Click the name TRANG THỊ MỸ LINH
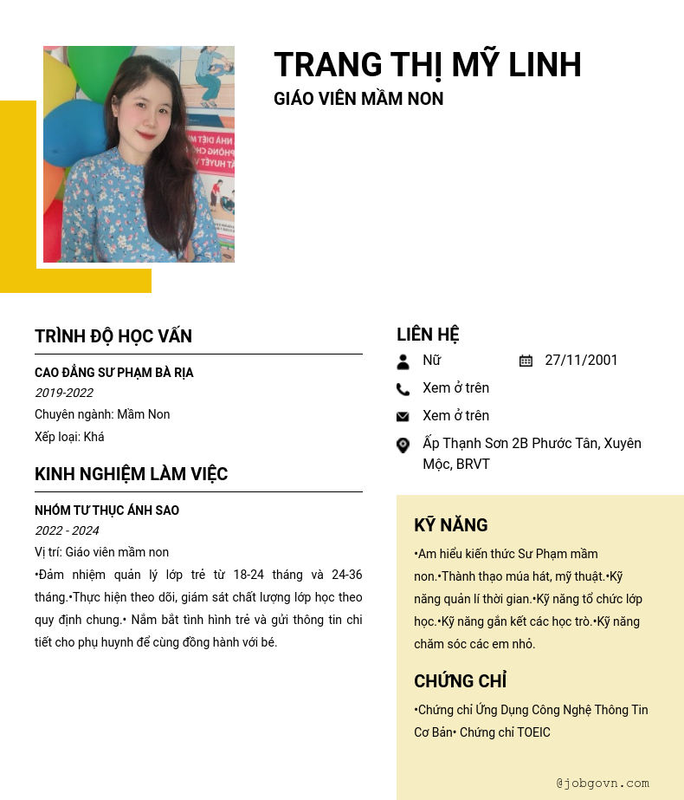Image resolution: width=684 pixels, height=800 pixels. [x=427, y=65]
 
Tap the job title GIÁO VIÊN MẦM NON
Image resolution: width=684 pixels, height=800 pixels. [x=358, y=99]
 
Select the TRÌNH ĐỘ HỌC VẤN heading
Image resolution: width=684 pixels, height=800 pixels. [x=113, y=336]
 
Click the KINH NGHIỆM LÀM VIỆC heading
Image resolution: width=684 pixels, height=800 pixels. [x=131, y=474]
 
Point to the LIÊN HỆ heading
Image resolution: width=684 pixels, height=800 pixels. [x=428, y=335]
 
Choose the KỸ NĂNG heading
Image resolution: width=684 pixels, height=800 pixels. [x=450, y=525]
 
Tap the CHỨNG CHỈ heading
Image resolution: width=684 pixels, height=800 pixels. [x=460, y=681]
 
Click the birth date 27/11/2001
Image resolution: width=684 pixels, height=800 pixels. [x=581, y=361]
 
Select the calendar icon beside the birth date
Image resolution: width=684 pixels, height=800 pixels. [x=526, y=361]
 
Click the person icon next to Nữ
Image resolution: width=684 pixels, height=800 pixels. [x=403, y=361]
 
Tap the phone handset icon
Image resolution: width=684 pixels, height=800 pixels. [x=403, y=389]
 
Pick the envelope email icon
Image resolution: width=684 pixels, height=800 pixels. [x=403, y=417]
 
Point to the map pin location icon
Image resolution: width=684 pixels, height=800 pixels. [x=403, y=446]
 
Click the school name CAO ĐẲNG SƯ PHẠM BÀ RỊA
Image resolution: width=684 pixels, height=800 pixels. [x=113, y=373]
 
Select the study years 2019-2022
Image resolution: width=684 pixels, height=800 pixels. [x=64, y=393]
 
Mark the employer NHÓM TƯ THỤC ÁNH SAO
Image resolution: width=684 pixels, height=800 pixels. [x=106, y=511]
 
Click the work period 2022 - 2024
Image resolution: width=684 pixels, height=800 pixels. [x=67, y=530]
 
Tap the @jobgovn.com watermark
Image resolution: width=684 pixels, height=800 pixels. [x=603, y=783]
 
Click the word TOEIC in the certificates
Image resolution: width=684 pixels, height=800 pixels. [x=533, y=732]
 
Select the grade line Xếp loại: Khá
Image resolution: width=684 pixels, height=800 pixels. [x=69, y=437]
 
